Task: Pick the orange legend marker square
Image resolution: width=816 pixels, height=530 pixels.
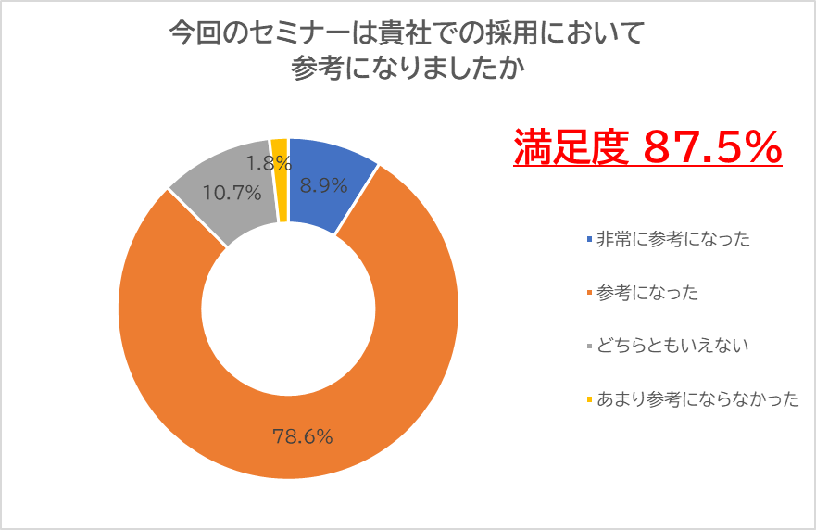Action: (x=589, y=293)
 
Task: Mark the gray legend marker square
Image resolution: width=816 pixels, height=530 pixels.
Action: (x=589, y=347)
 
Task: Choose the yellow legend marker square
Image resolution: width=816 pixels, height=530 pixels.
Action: (x=589, y=399)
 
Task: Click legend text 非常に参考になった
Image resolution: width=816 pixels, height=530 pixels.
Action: (x=672, y=240)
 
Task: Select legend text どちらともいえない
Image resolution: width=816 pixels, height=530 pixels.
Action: (x=672, y=347)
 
